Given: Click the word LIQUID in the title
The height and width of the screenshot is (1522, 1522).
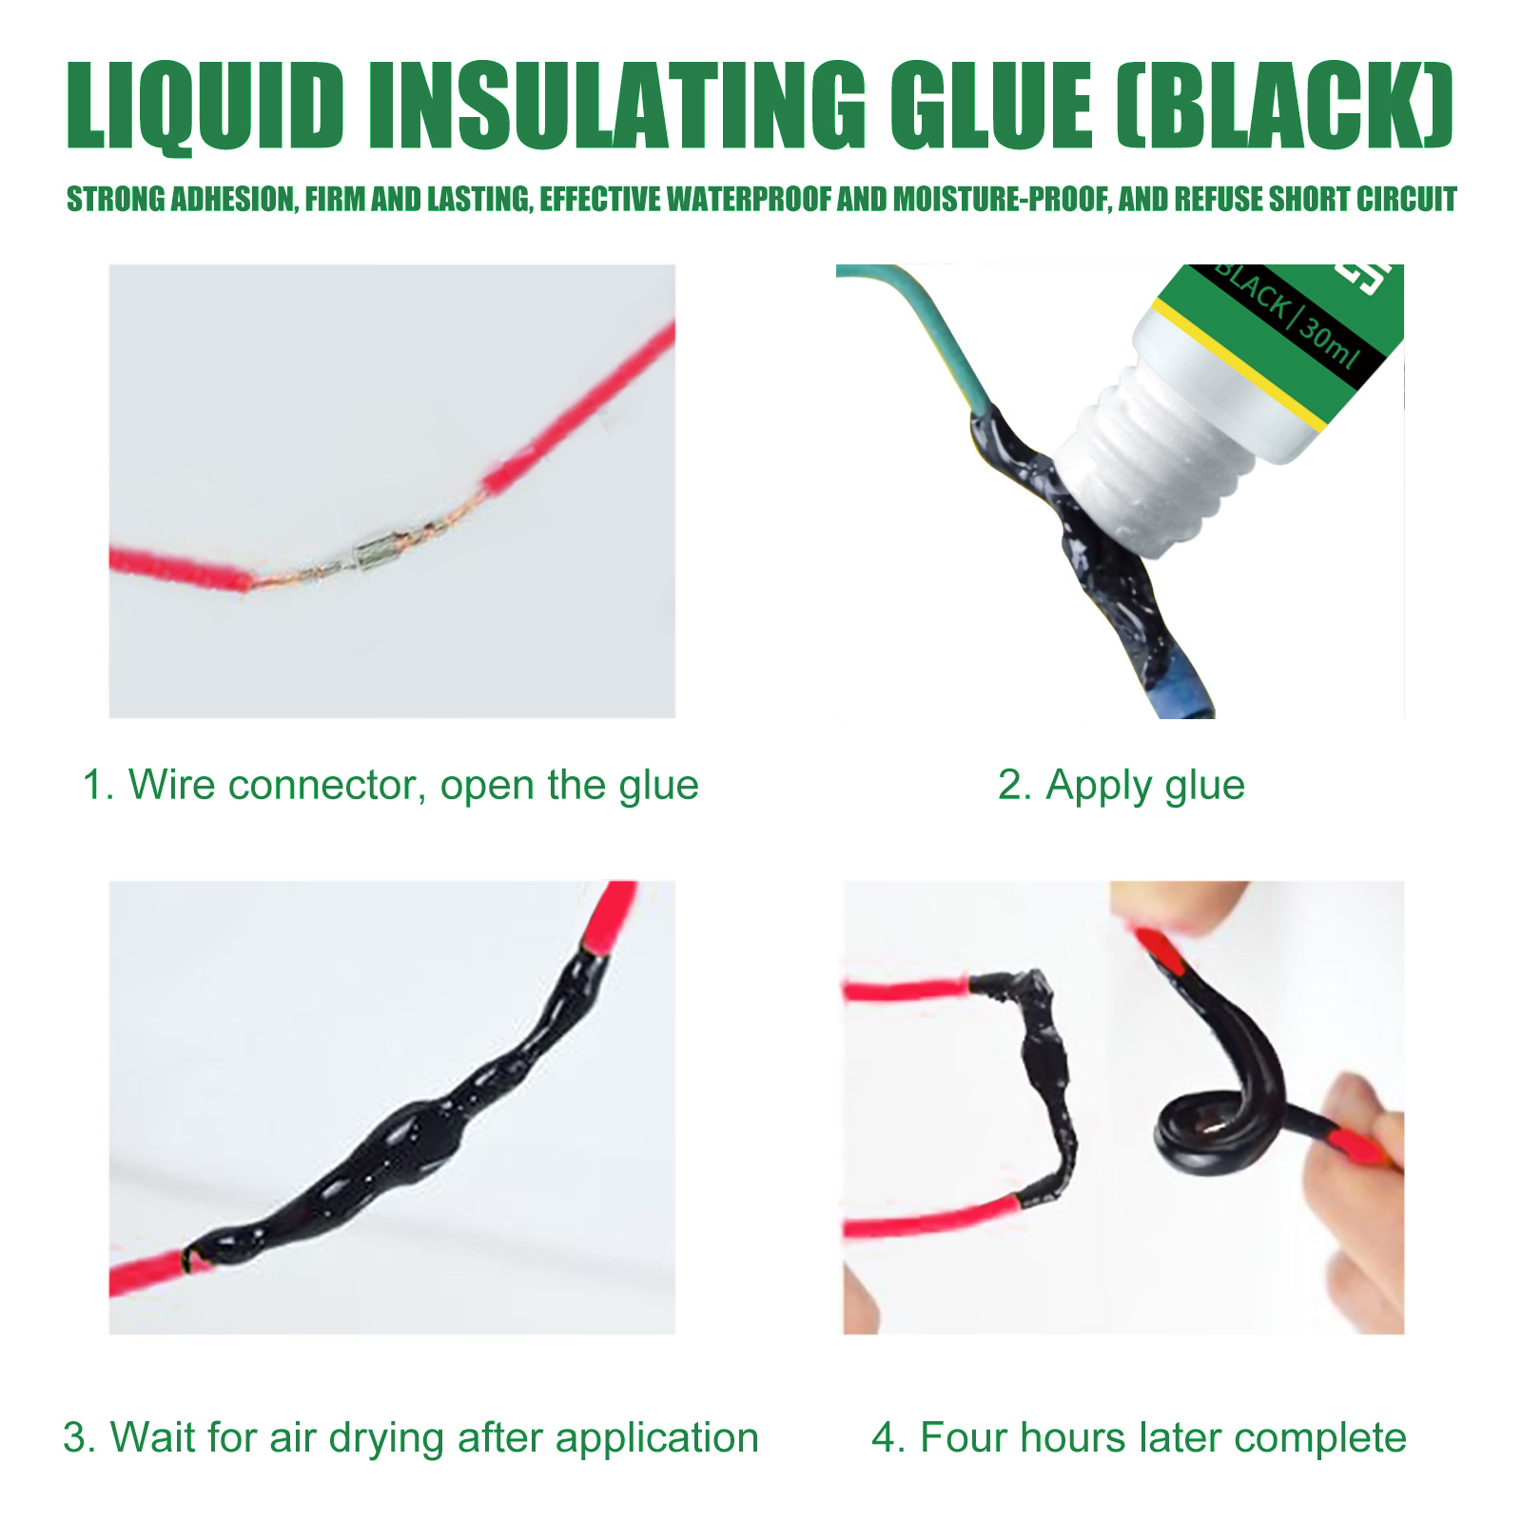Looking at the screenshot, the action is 205,106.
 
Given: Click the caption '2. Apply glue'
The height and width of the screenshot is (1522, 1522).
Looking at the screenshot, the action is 1121,786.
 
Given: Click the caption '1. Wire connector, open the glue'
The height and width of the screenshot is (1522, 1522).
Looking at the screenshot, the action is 390,786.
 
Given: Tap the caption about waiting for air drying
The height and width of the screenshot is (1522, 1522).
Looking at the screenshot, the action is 411,1437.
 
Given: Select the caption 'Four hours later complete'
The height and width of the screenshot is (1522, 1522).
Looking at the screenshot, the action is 1139,1437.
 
